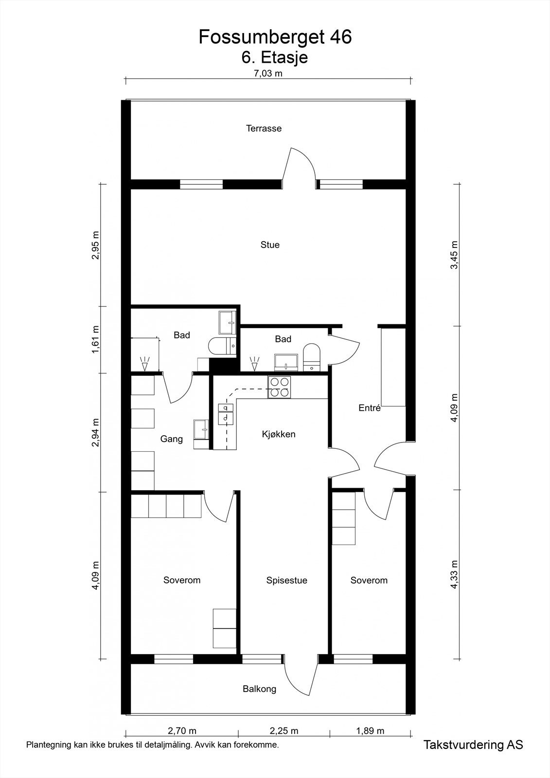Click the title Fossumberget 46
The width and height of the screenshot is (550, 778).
pyautogui.click(x=275, y=37)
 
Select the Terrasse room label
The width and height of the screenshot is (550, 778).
pyautogui.click(x=264, y=128)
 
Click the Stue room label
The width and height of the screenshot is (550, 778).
pyautogui.click(x=270, y=245)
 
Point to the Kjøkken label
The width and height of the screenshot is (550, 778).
pyautogui.click(x=279, y=434)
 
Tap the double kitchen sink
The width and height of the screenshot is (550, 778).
pyautogui.click(x=226, y=413)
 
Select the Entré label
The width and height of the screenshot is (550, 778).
pyautogui.click(x=369, y=408)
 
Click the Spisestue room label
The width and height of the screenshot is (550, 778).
pyautogui.click(x=286, y=580)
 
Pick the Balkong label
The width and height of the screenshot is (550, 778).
pyautogui.click(x=259, y=689)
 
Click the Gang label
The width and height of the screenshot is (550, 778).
pyautogui.click(x=172, y=439)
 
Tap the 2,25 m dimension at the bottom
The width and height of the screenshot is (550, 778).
pyautogui.click(x=284, y=730)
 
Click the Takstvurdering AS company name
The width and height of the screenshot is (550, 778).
pyautogui.click(x=473, y=744)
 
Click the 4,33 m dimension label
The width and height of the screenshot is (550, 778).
pyautogui.click(x=454, y=575)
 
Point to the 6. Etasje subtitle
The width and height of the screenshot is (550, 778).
pyautogui.click(x=275, y=57)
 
